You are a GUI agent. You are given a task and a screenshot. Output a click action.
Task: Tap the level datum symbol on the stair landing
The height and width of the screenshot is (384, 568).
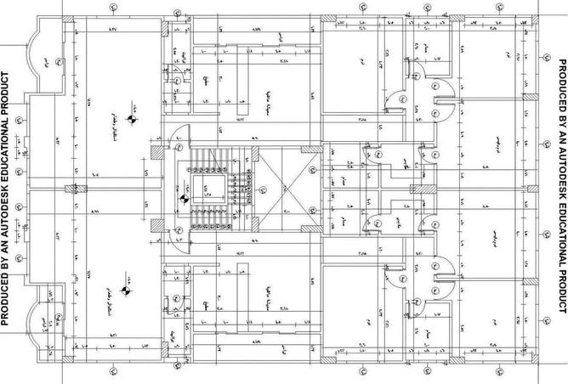[x=183, y=223]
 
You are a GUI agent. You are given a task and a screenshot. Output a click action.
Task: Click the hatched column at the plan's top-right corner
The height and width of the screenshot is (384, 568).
[x=533, y=20]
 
